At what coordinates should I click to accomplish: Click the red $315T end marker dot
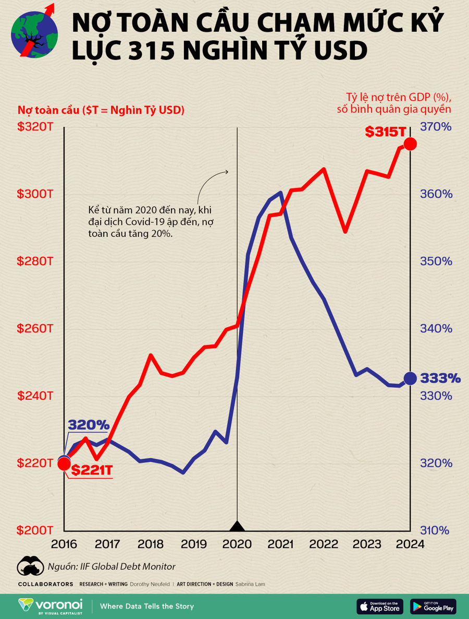(x=410, y=144)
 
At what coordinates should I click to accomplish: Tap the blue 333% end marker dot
(x=410, y=378)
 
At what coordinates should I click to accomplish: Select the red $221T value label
(x=92, y=471)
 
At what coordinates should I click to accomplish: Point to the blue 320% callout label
(x=88, y=425)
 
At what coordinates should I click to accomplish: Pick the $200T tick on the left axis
(x=35, y=530)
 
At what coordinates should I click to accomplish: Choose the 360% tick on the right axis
(x=436, y=194)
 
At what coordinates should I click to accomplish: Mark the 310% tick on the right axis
(x=435, y=530)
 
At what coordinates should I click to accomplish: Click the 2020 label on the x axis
(x=237, y=544)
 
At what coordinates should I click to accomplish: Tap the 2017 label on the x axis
(x=107, y=544)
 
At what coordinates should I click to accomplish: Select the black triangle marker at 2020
(x=237, y=526)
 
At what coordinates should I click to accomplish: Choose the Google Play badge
(x=433, y=606)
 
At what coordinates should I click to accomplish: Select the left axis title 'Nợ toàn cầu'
(x=101, y=111)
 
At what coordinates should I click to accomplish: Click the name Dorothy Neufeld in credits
(x=150, y=584)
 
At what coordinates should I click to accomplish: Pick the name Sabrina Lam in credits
(x=250, y=584)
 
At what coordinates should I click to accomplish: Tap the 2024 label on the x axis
(x=410, y=544)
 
